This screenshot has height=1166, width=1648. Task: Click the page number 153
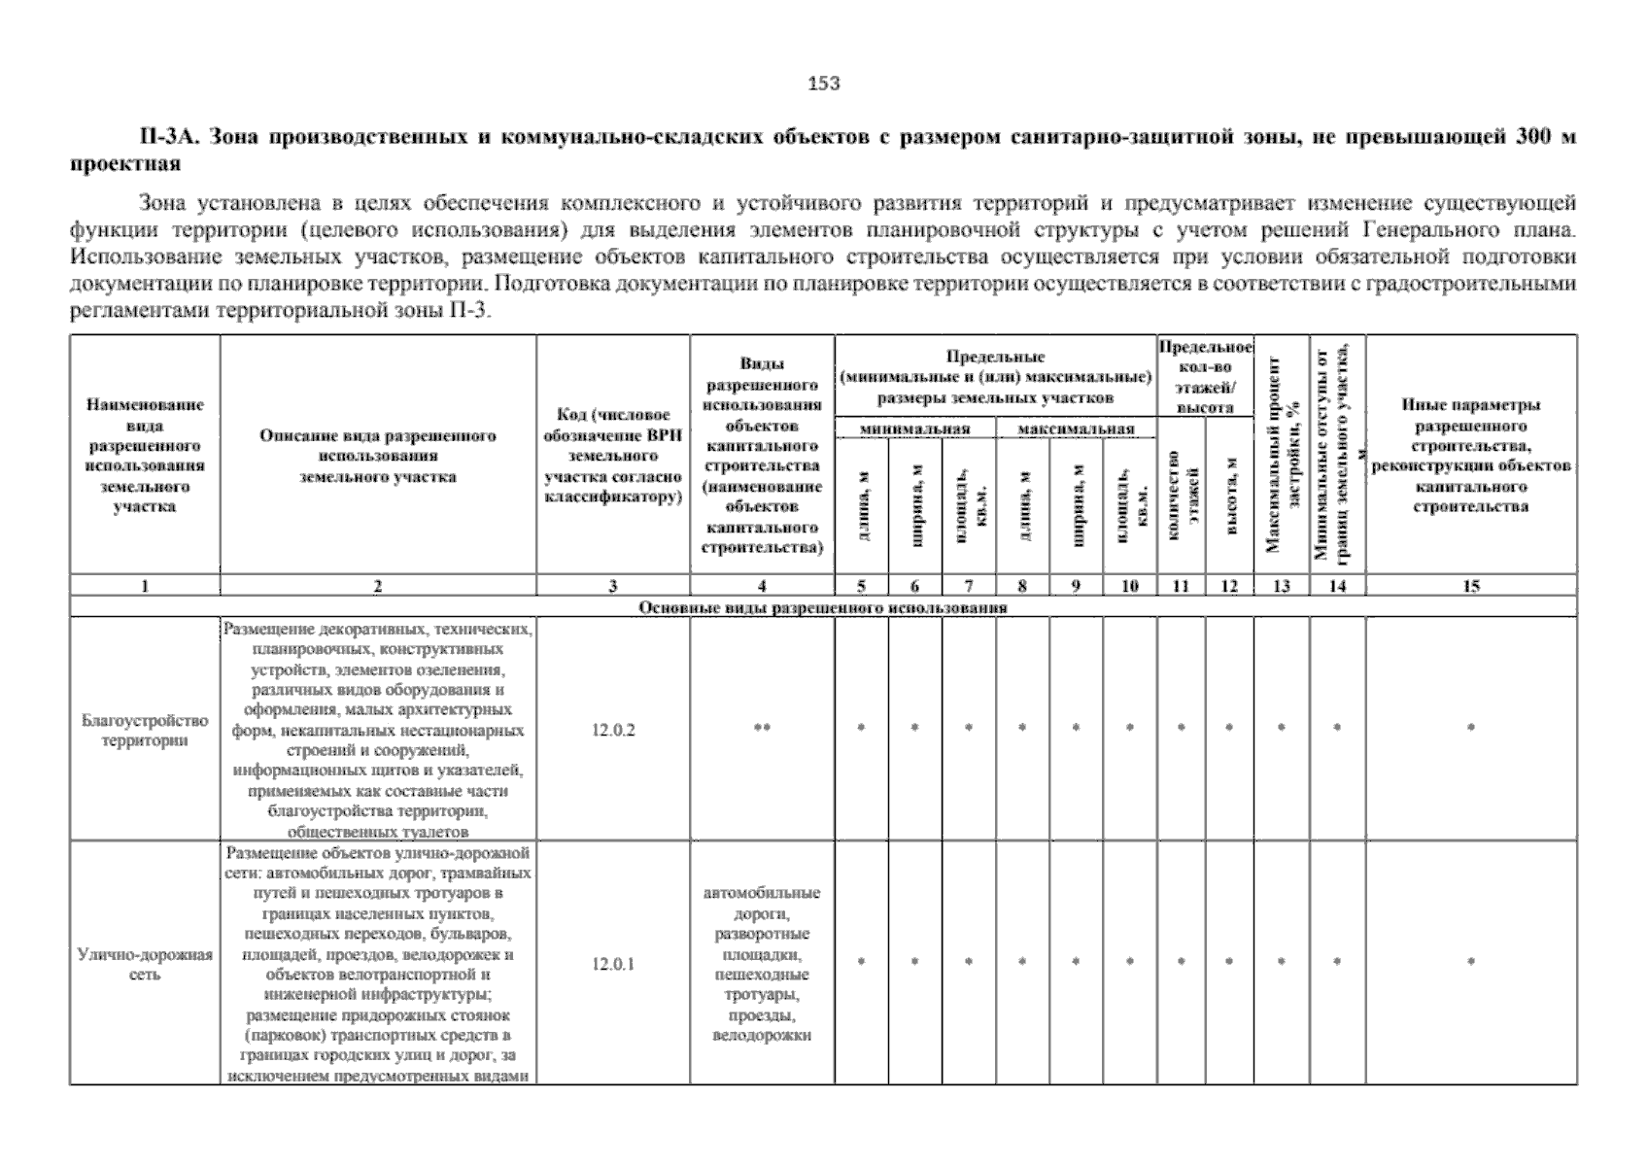[x=824, y=84]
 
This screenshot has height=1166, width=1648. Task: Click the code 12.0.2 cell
[x=613, y=730]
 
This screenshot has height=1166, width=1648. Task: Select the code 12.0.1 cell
[x=613, y=965]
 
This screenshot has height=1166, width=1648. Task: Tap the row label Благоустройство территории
[x=145, y=731]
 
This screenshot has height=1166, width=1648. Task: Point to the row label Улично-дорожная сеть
[x=145, y=964]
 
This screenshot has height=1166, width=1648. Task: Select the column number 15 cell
[x=1471, y=586]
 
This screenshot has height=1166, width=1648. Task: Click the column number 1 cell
[x=145, y=586]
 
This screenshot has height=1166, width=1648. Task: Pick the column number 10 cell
[x=1129, y=586]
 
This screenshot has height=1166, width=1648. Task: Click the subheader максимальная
[x=1076, y=429]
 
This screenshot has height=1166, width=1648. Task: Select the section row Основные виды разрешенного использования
[x=822, y=607]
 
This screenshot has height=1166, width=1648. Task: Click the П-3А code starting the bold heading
[x=167, y=138]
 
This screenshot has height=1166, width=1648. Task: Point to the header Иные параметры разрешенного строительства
[x=1471, y=456]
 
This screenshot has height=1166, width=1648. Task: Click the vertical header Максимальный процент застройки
[x=1281, y=455]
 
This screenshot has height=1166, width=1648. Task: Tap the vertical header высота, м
[x=1229, y=496]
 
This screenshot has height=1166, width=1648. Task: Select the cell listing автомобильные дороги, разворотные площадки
[x=762, y=964]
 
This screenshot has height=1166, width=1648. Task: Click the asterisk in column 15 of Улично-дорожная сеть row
[x=1471, y=962]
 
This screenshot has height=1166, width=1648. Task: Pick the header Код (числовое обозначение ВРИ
[x=613, y=456]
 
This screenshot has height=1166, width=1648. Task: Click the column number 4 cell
[x=762, y=586]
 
